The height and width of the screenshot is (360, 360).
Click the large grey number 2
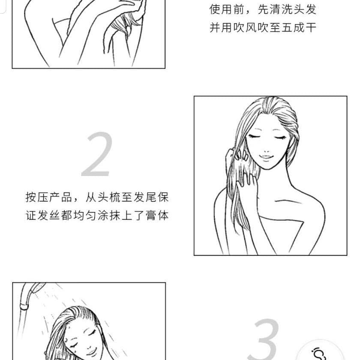97,154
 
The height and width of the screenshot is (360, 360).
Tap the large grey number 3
266,339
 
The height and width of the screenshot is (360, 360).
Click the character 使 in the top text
215,9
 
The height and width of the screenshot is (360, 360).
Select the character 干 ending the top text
311,27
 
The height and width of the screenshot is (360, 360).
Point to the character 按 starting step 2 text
31,197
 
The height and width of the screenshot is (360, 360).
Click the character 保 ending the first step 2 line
163,197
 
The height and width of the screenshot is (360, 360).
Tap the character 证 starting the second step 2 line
31,215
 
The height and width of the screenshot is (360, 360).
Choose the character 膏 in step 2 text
151,215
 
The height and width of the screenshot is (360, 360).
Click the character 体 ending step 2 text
163,215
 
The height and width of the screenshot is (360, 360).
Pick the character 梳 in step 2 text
115,197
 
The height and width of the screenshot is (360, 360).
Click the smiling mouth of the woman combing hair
266,158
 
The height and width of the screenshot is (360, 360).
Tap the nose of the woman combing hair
266,150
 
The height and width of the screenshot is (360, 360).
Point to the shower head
38,287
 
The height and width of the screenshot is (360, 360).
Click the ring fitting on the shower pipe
24,306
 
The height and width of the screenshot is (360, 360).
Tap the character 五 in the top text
287,27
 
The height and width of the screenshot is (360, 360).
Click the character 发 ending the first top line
311,9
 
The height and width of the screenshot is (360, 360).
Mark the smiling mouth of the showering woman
91,352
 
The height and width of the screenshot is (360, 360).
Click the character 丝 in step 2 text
55,215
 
